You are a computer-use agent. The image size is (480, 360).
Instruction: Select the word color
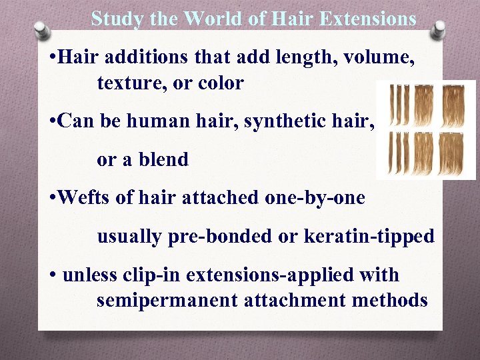tap(219, 83)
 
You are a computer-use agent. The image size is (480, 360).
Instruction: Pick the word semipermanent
tap(173, 300)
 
